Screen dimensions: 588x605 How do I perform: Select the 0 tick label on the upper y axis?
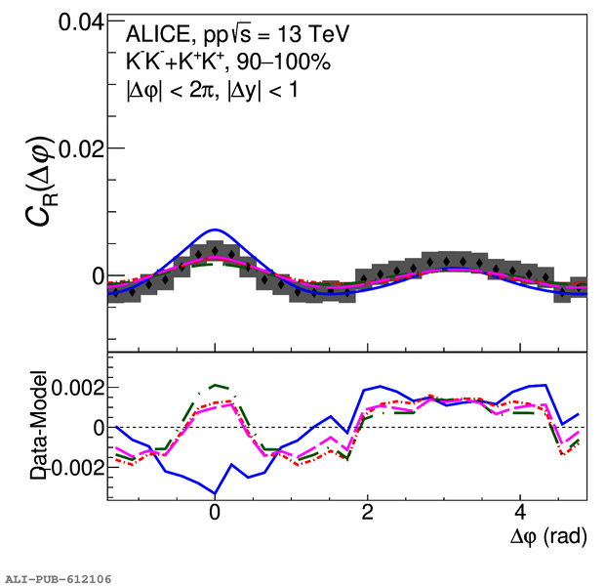(99, 276)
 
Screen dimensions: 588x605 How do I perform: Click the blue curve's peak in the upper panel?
(215, 230)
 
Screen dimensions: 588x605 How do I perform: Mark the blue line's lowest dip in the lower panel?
(215, 493)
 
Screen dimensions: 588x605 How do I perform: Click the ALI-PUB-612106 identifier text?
(59, 579)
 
